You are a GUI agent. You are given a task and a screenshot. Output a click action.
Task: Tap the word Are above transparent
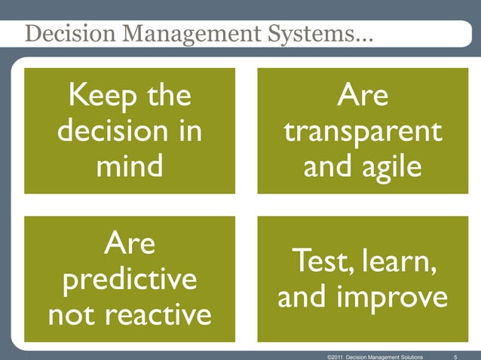[362, 97]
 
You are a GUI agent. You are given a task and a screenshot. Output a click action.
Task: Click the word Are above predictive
[129, 243]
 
